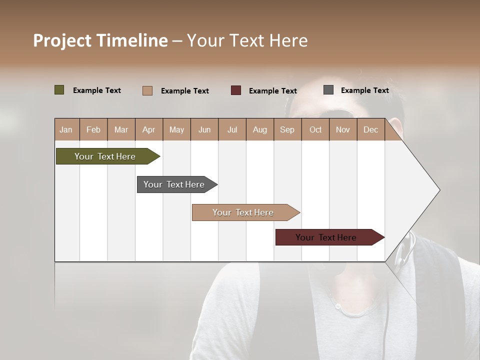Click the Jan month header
(66, 130)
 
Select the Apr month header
(148, 130)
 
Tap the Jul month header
(232, 130)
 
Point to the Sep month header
(287, 130)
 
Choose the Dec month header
(370, 130)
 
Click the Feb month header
(93, 130)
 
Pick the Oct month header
(315, 130)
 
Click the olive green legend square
(59, 90)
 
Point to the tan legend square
(147, 90)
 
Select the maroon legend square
(236, 90)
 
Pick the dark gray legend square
(328, 90)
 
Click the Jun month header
(204, 130)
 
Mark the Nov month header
(343, 130)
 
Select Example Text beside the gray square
(364, 90)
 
